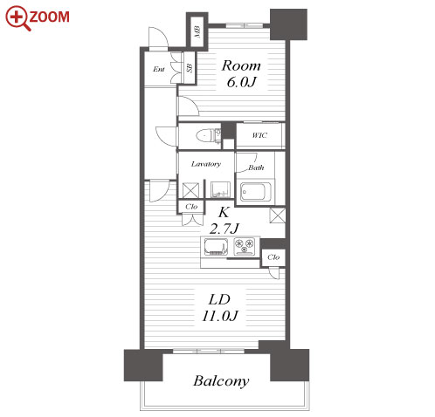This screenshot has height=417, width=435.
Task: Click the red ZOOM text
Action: [49, 17]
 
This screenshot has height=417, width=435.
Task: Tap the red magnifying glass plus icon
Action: [17, 18]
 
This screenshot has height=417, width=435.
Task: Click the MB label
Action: [197, 32]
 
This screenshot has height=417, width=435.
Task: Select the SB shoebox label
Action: [190, 68]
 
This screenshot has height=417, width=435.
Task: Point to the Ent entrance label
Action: [159, 69]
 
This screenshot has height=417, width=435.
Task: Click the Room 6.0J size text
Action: [241, 82]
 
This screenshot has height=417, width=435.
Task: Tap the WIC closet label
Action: [259, 135]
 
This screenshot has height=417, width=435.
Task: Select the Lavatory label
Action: [206, 164]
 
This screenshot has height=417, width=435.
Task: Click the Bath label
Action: [256, 167]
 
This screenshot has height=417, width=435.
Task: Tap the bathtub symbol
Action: [256, 192]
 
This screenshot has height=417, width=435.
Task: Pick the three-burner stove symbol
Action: [245, 247]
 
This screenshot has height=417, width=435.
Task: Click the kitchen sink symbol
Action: [217, 247]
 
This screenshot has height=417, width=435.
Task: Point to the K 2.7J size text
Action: [224, 221]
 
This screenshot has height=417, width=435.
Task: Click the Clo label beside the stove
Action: [273, 257]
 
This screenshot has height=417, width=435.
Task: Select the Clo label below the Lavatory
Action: [191, 207]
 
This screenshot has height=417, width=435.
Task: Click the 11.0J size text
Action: [220, 316]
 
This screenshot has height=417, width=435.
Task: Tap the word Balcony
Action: [221, 381]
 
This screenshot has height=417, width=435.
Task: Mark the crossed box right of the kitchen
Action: [278, 215]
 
